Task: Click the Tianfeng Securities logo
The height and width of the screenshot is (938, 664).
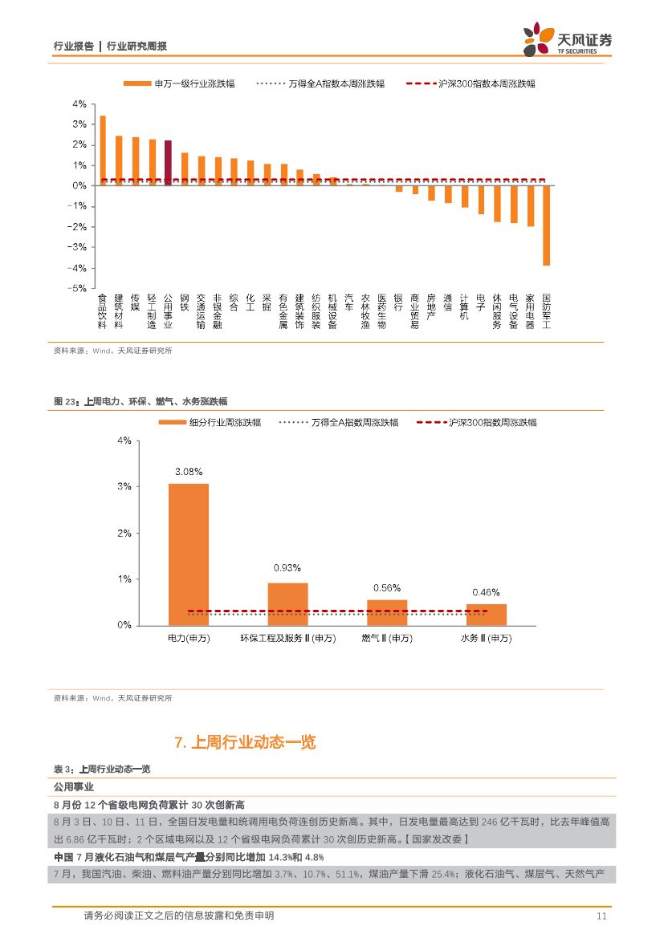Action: [x=566, y=39]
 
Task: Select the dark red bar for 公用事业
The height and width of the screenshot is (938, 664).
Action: [x=168, y=163]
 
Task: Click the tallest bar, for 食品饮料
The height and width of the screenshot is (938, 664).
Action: [x=102, y=151]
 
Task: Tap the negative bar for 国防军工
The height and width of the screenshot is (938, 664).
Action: [x=546, y=225]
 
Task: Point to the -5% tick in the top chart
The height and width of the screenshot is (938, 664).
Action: [x=79, y=288]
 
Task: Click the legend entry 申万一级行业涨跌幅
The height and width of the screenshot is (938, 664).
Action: [x=179, y=83]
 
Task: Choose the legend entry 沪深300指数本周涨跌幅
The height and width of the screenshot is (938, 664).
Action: [x=471, y=83]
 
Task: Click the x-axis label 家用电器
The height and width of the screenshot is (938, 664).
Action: [x=530, y=311]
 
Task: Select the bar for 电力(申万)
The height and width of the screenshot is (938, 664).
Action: [x=188, y=554]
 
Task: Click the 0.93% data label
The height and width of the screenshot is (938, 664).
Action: [x=287, y=567]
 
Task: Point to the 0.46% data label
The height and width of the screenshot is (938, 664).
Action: [x=486, y=592]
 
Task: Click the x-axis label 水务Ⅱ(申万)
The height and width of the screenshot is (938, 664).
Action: [x=486, y=638]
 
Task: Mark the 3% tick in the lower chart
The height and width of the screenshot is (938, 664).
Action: [x=124, y=487]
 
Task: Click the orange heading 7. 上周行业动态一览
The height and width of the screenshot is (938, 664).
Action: [x=245, y=742]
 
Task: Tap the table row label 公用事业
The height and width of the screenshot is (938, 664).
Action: [x=74, y=786]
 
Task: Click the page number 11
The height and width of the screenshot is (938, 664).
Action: [x=601, y=916]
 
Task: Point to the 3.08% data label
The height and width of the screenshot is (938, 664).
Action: [x=188, y=472]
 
